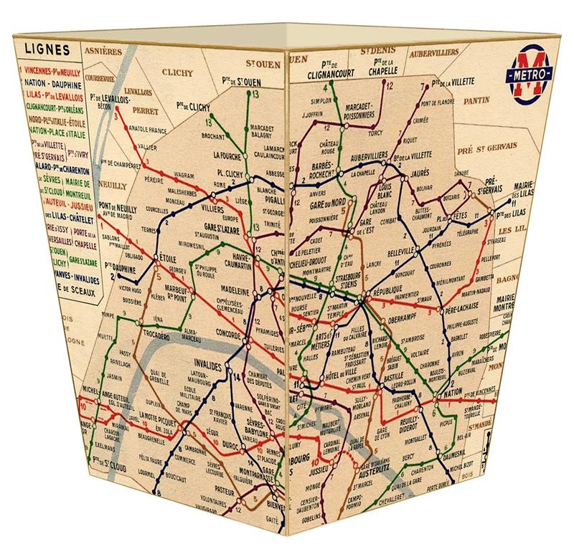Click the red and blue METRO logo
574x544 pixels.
[x=530, y=74]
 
